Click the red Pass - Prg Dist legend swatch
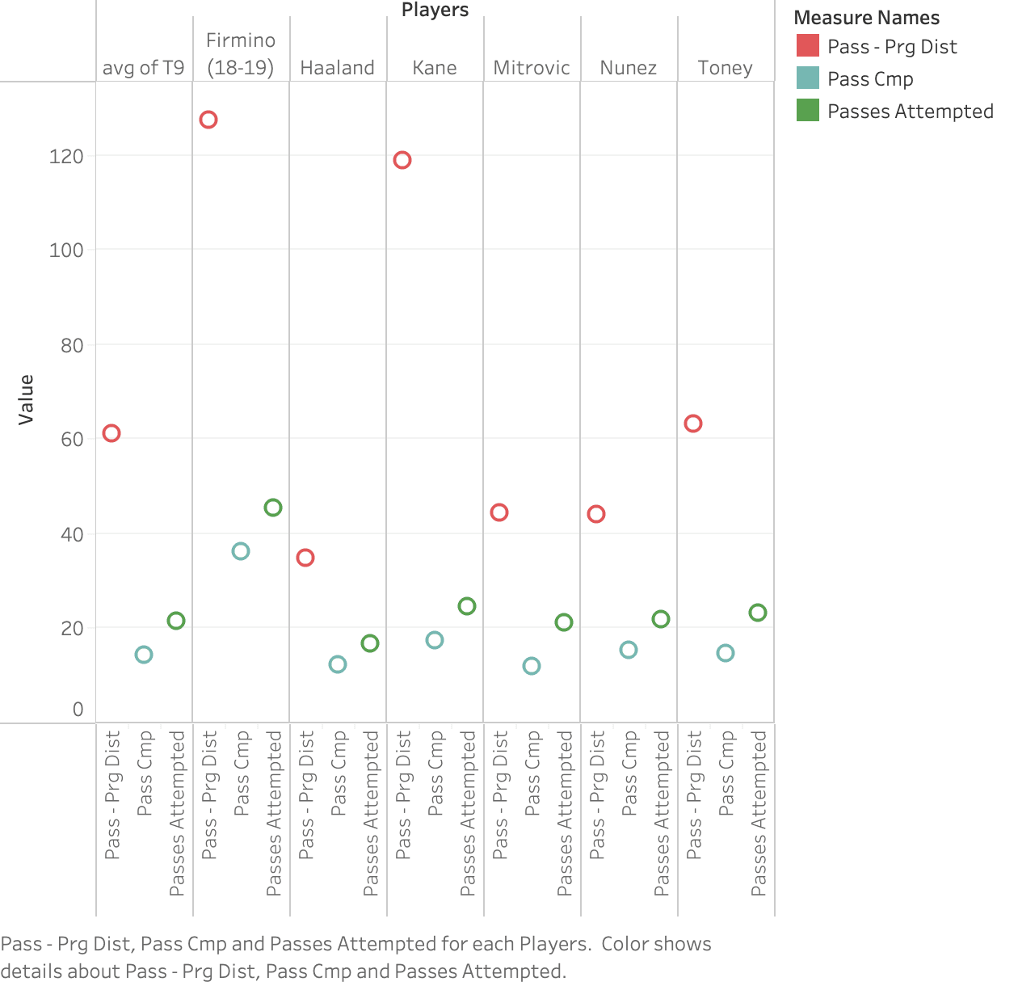(808, 45)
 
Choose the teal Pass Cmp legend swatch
(808, 78)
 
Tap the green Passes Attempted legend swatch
(808, 111)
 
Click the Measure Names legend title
(867, 18)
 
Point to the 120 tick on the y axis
(66, 157)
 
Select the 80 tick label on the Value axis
(72, 345)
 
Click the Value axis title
(25, 400)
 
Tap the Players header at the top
(435, 10)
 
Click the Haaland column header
(338, 68)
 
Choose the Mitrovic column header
(532, 68)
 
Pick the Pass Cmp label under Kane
(435, 773)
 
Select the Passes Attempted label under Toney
(759, 814)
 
